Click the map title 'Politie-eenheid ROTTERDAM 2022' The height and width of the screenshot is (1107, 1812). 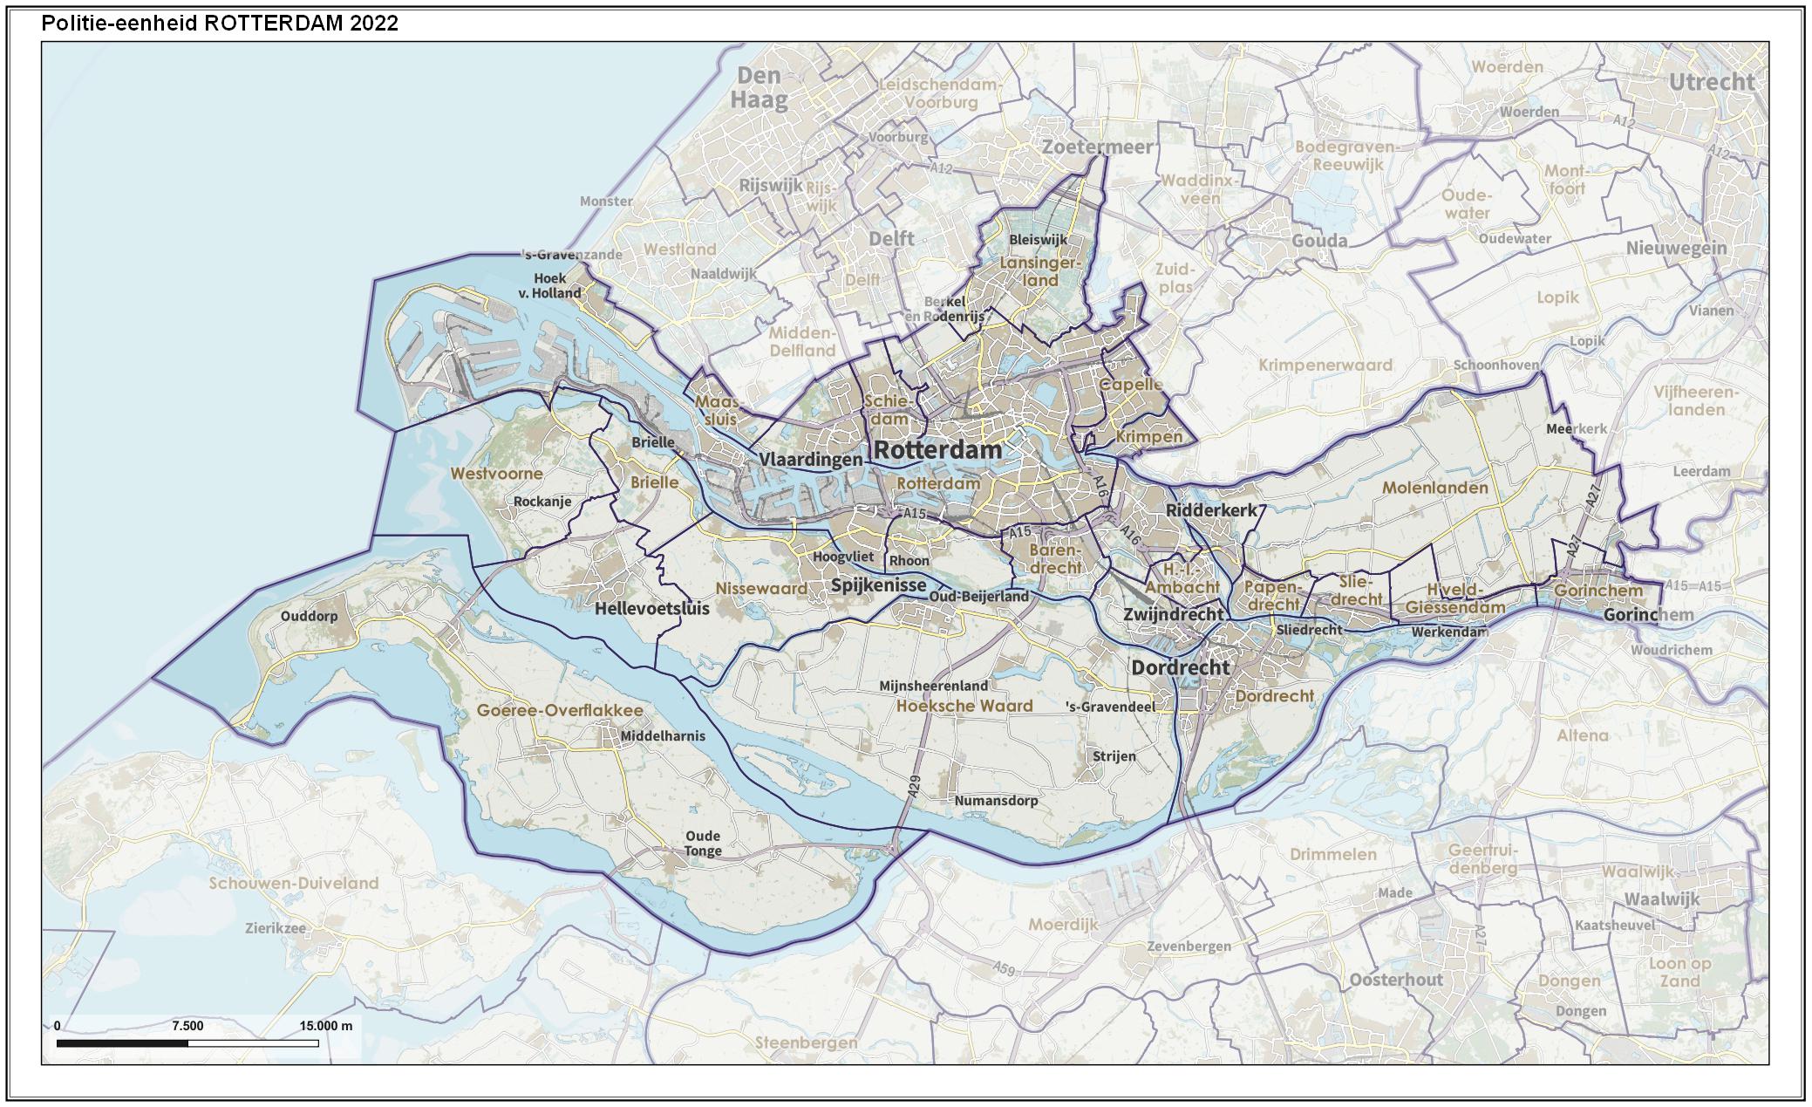[x=220, y=24]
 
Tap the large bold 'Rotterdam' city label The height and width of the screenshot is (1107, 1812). [x=937, y=451]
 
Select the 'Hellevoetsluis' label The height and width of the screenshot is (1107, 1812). [x=651, y=610]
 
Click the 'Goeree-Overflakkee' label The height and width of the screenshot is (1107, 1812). [x=560, y=711]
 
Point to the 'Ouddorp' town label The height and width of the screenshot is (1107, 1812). [x=309, y=616]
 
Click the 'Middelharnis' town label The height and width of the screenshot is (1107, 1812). [x=663, y=736]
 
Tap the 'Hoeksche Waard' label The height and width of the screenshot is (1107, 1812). [x=964, y=706]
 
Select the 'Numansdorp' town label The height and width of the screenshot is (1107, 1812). [x=996, y=800]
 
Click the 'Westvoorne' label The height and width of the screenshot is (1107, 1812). [x=496, y=474]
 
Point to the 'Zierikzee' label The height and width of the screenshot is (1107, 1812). [x=276, y=928]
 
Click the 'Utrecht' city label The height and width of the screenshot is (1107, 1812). [x=1711, y=82]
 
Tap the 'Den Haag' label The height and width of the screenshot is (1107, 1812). [x=759, y=87]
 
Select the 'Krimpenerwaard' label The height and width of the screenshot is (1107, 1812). [x=1325, y=365]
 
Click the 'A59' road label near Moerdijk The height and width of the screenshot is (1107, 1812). [x=1004, y=967]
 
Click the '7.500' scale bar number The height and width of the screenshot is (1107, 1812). [x=187, y=1026]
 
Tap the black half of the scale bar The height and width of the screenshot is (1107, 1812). [x=122, y=1042]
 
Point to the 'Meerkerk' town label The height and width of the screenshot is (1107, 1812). [x=1576, y=429]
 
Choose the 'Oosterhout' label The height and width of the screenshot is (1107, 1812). [x=1395, y=980]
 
